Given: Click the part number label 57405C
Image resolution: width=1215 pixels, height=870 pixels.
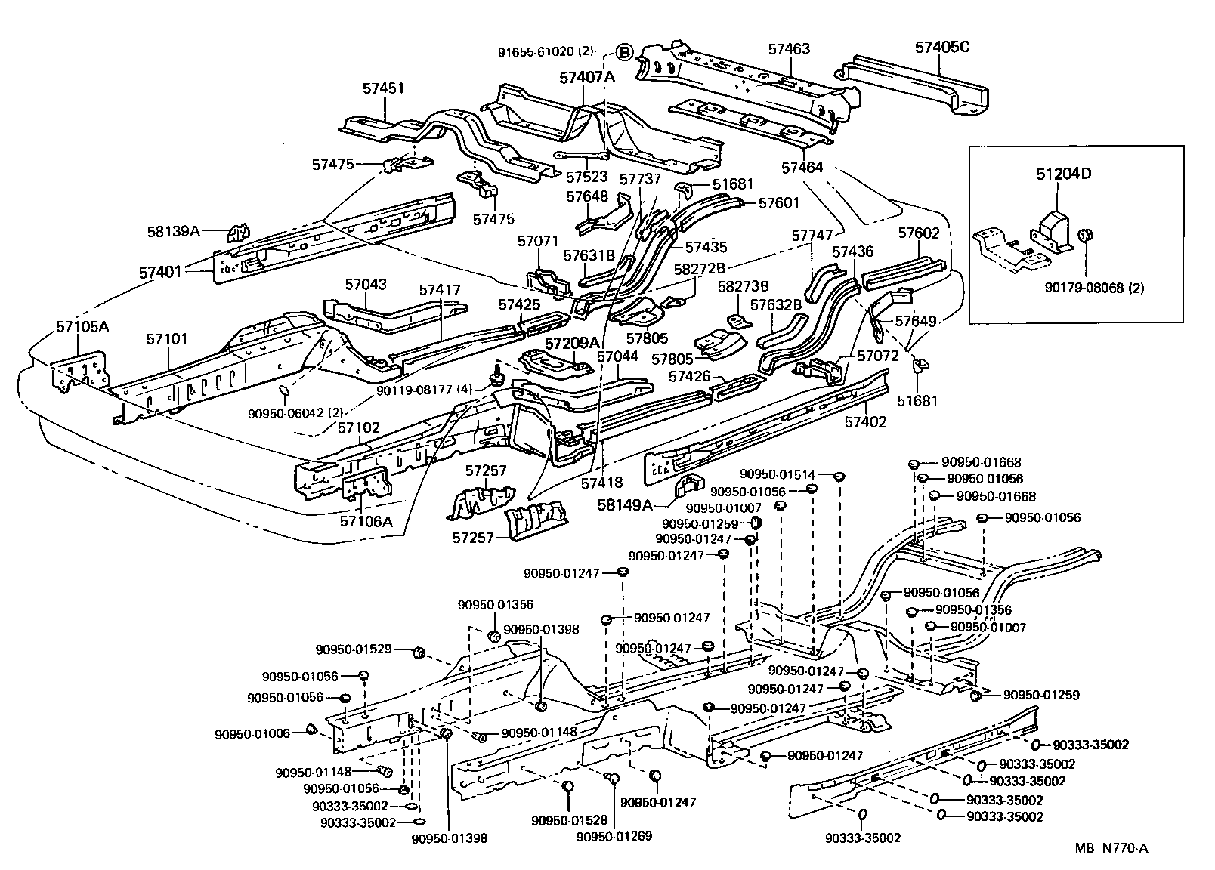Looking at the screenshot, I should click(x=941, y=47).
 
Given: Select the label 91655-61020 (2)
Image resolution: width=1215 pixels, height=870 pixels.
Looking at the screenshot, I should click(x=546, y=52).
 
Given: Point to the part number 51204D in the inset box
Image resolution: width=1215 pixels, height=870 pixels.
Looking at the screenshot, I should click(x=1064, y=174).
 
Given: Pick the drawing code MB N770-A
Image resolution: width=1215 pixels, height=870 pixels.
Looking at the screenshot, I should click(x=1112, y=849).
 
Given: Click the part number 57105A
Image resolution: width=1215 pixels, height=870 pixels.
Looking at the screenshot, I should click(x=82, y=327).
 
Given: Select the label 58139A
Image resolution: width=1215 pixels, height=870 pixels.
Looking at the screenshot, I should click(x=174, y=231).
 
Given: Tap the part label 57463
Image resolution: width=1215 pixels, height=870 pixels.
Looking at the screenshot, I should click(x=789, y=49).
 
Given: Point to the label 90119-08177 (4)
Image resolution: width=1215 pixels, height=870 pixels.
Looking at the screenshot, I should click(x=424, y=390).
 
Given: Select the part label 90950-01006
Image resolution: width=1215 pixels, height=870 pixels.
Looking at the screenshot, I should click(x=252, y=733).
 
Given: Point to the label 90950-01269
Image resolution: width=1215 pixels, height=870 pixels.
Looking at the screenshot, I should click(x=614, y=836).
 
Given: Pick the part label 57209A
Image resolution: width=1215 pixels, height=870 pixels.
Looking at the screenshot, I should click(x=571, y=341).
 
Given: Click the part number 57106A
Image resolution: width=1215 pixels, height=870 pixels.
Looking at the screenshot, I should click(x=366, y=521).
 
